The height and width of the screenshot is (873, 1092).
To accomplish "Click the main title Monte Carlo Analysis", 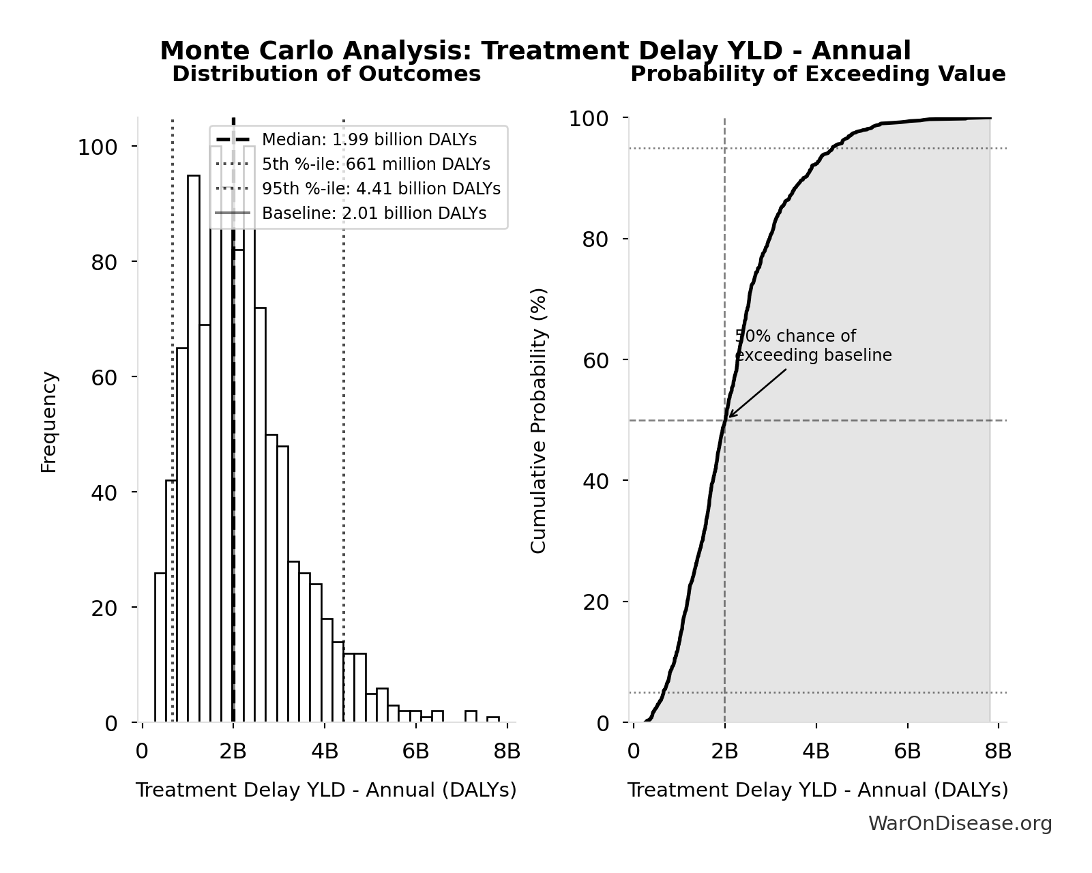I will pyautogui.click(x=535, y=51).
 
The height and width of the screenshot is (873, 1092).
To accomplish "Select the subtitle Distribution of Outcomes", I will pyautogui.click(x=326, y=74).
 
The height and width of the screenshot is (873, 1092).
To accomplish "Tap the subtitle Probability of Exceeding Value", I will pyautogui.click(x=817, y=74).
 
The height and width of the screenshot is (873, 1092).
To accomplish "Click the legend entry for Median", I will pyautogui.click(x=368, y=140).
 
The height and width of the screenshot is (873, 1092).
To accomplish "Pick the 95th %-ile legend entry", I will pyautogui.click(x=381, y=189).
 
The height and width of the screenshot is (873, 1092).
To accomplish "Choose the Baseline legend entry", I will pyautogui.click(x=374, y=213).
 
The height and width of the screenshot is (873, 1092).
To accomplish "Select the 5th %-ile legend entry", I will pyautogui.click(x=375, y=164).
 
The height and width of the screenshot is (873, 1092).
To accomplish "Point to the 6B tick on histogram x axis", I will pyautogui.click(x=415, y=752).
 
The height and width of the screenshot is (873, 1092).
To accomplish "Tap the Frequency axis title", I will pyautogui.click(x=49, y=421).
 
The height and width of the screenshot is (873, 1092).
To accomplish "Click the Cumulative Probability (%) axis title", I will pyautogui.click(x=538, y=420).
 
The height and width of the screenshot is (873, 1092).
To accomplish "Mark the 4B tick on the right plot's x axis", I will pyautogui.click(x=816, y=752).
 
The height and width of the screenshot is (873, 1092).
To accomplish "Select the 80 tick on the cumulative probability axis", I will pyautogui.click(x=595, y=239).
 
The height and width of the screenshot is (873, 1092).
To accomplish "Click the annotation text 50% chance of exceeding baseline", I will pyautogui.click(x=812, y=346).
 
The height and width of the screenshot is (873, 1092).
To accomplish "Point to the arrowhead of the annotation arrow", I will pyautogui.click(x=729, y=417).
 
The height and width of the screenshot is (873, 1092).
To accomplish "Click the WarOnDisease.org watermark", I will pyautogui.click(x=959, y=824).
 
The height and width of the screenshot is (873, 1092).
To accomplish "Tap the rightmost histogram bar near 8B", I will pyautogui.click(x=492, y=719).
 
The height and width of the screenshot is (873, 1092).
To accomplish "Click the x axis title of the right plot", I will pyautogui.click(x=817, y=790).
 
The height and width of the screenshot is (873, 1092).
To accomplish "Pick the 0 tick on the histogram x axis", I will pyautogui.click(x=142, y=752).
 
